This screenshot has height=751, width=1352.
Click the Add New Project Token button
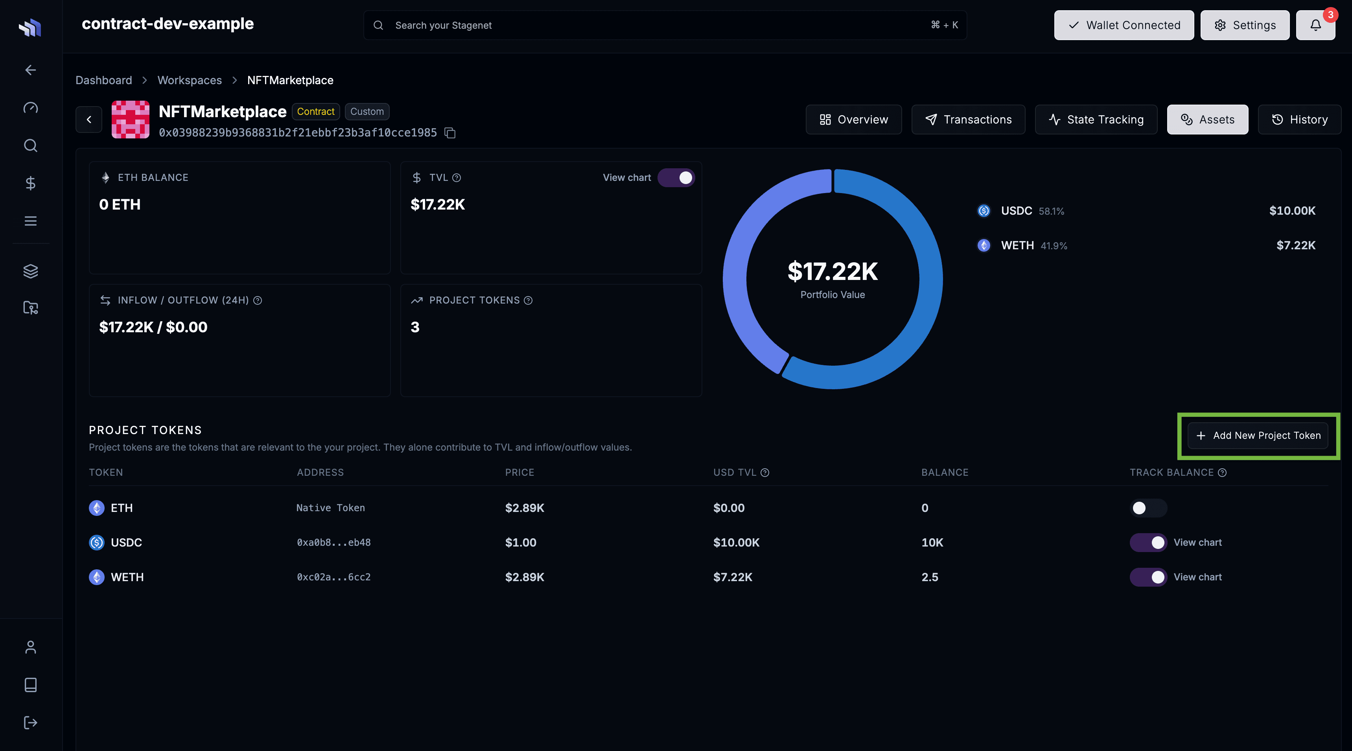pyautogui.click(x=1258, y=436)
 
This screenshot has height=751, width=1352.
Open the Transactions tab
pyautogui.click(x=968, y=120)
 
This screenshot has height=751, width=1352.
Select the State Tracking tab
pyautogui.click(x=1096, y=120)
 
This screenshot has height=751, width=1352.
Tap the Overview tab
pyautogui.click(x=853, y=120)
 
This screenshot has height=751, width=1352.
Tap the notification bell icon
pyautogui.click(x=1315, y=25)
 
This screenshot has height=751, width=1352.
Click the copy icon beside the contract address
pyautogui.click(x=450, y=133)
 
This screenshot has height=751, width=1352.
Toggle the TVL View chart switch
pyautogui.click(x=676, y=178)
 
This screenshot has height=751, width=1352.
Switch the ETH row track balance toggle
pyautogui.click(x=1148, y=508)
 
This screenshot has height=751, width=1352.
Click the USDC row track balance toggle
pyautogui.click(x=1148, y=543)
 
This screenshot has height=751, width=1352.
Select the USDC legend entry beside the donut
pyautogui.click(x=1016, y=211)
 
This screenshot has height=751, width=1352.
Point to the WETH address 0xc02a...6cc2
pyautogui.click(x=334, y=577)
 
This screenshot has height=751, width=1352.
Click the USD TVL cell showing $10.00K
pyautogui.click(x=736, y=543)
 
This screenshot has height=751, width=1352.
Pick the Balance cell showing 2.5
pyautogui.click(x=930, y=577)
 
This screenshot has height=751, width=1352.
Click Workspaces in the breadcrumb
pyautogui.click(x=190, y=80)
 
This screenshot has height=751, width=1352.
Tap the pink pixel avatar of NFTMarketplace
pyautogui.click(x=130, y=120)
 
